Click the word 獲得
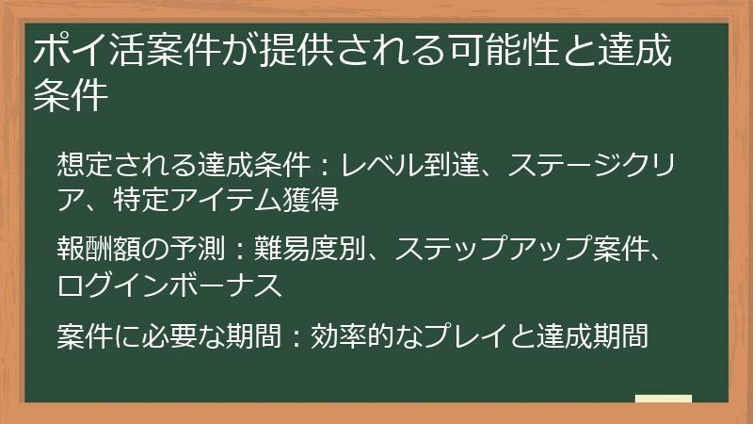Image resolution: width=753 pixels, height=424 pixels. tap(310, 199)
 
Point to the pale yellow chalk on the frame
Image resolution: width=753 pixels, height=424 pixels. tap(663, 398)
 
